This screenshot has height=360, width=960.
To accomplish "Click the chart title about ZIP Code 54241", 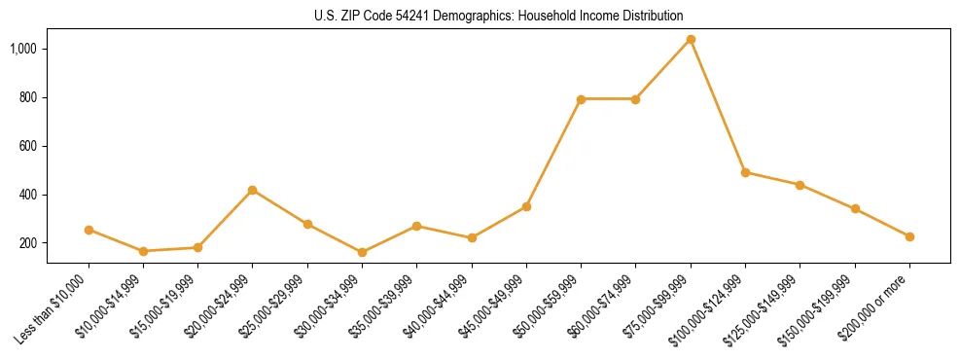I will coord(498,16).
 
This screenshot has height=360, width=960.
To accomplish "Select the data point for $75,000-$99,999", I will coord(691,40).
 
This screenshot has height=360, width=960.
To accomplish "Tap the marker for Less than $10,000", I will coord(89,230).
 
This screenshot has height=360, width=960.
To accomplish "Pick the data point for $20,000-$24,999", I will coord(253,190).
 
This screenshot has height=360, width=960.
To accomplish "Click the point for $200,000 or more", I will coord(909,236).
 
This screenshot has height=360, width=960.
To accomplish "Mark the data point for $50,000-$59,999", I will coord(581,99).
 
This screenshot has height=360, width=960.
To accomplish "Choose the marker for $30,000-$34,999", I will coord(362,252).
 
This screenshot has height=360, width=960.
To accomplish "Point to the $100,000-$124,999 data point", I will coord(745,172).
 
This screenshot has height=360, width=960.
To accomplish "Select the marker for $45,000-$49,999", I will coord(526,206).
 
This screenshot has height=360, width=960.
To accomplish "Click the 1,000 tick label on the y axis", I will coord(22,49).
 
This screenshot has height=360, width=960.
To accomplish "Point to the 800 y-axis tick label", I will coord(27,97).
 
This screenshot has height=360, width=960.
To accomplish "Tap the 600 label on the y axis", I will coord(27,146).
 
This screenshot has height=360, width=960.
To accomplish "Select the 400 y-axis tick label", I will coord(27,195).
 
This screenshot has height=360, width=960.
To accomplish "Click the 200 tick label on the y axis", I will coord(27,243).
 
